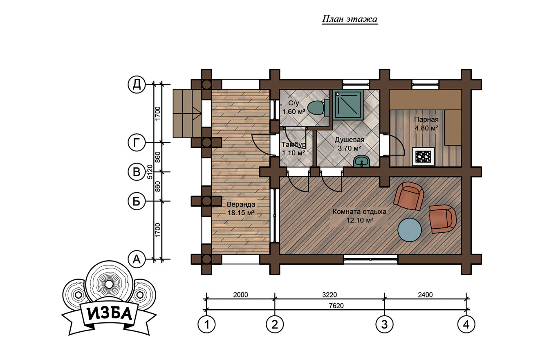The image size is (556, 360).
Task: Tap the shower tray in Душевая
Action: click(348, 105)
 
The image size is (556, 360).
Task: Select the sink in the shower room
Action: click(362, 161)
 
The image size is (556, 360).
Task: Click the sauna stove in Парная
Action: click(423, 157)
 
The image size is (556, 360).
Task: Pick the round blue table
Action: click(409, 230)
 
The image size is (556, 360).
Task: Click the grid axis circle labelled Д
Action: click(136, 84)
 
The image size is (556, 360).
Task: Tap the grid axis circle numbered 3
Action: click(384, 324)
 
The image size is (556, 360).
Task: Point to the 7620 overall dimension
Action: click(336, 306)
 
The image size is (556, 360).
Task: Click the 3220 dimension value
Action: click(330, 295)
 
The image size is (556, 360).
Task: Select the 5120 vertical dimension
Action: click(150, 172)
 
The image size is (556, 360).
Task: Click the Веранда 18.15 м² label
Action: click(241, 209)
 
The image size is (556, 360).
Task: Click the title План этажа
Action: click(350, 19)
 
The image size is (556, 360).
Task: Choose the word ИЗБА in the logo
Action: click(110, 314)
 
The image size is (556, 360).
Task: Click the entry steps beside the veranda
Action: click(187, 114)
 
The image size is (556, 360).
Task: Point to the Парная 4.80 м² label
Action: click(426, 124)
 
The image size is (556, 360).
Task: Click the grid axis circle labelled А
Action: click(136, 259)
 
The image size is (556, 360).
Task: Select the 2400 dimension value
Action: click(425, 295)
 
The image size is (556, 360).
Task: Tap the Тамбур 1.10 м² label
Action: click(294, 148)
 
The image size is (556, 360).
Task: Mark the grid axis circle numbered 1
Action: click(206, 324)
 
